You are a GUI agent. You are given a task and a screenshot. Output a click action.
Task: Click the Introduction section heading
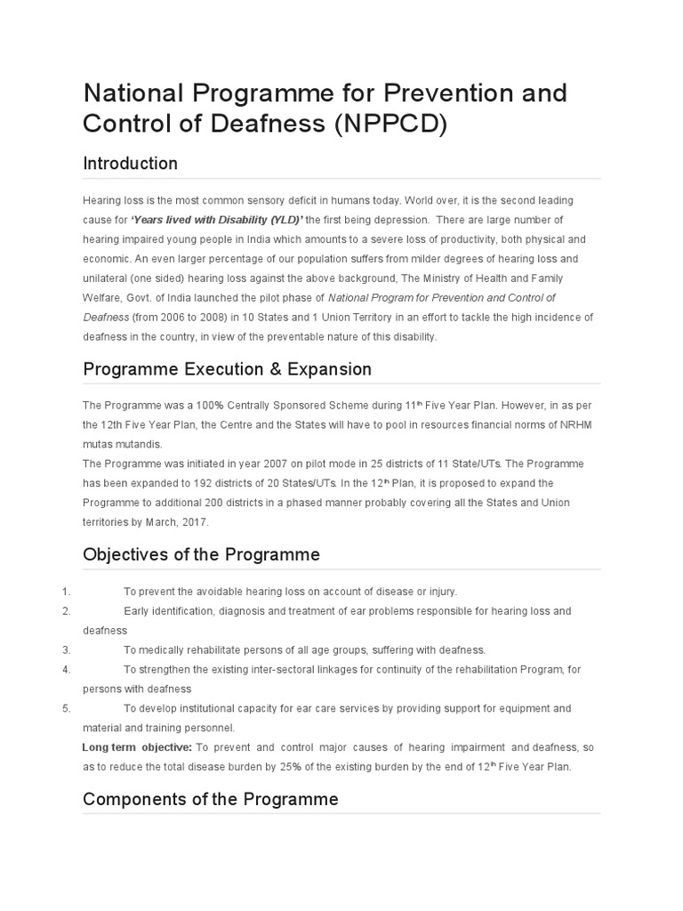[x=130, y=164]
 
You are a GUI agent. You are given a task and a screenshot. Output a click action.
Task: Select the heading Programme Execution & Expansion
[x=227, y=369]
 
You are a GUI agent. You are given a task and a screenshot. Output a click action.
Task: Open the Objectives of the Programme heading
[x=201, y=555]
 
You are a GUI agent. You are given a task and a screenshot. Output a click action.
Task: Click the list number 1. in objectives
[x=66, y=592]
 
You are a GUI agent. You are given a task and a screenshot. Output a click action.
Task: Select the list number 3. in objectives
[x=66, y=649]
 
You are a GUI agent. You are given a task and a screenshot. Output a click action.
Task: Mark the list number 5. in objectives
[x=66, y=708]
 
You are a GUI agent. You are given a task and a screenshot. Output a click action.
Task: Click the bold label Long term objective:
[x=137, y=747]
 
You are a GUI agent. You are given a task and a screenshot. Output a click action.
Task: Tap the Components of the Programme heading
[x=210, y=799]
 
